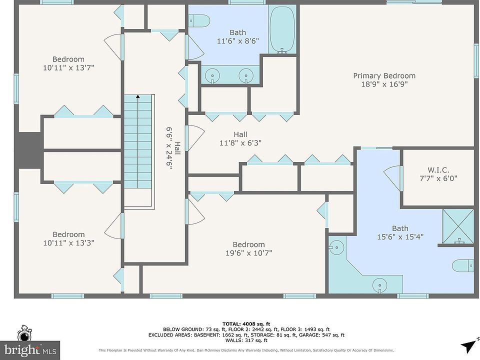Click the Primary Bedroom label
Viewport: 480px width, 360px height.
(384, 75)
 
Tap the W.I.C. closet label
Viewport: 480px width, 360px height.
(438, 170)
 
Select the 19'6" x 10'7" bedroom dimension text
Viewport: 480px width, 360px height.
(248, 253)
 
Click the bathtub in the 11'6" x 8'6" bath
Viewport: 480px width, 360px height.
(282, 29)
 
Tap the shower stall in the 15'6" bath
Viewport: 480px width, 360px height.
(458, 227)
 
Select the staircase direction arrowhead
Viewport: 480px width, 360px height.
(138, 96)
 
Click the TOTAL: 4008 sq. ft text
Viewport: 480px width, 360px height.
(246, 324)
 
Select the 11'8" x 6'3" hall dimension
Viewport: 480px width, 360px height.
(240, 142)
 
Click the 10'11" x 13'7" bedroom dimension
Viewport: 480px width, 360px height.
(68, 67)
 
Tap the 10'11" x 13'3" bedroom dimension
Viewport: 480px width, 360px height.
(68, 243)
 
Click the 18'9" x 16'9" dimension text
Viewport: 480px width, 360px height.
(384, 84)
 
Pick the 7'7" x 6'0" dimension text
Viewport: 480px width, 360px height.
(438, 178)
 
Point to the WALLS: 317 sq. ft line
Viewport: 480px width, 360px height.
(246, 340)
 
